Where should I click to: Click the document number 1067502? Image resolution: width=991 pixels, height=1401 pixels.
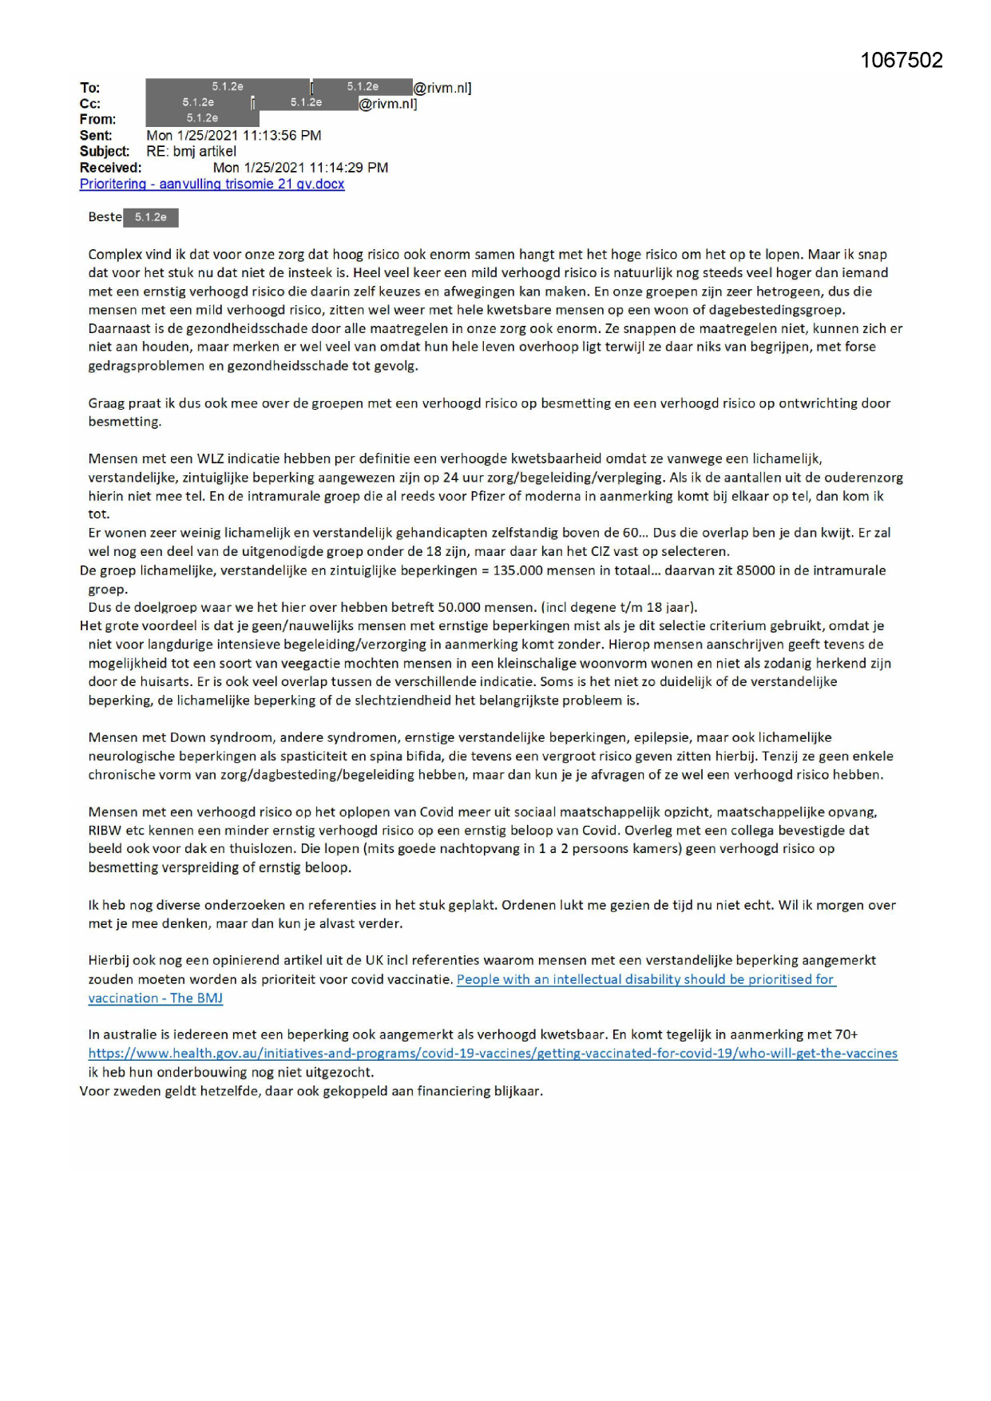pyautogui.click(x=901, y=61)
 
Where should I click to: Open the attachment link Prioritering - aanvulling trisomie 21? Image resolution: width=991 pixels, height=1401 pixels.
pyautogui.click(x=212, y=185)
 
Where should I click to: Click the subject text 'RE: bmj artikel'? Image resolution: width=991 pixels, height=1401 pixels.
pyautogui.click(x=191, y=152)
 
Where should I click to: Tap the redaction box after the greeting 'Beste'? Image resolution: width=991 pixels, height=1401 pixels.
pyautogui.click(x=151, y=217)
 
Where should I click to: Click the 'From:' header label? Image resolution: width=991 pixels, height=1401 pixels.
pyautogui.click(x=97, y=120)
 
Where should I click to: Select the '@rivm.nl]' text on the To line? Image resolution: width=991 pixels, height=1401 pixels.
pyautogui.click(x=442, y=88)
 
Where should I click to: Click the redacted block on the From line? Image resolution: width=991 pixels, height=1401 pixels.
pyautogui.click(x=202, y=119)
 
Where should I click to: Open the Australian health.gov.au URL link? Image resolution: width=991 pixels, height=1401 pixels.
pyautogui.click(x=493, y=1054)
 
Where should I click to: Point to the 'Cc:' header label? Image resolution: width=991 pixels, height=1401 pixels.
pyautogui.click(x=90, y=104)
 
